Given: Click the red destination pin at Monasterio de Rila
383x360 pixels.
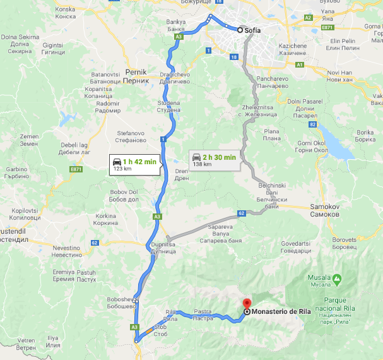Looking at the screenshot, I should pyautogui.click(x=247, y=304).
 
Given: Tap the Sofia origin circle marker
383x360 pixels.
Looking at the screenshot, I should pyautogui.click(x=240, y=29).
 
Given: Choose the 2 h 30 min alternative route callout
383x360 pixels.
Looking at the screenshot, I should pyautogui.click(x=213, y=160).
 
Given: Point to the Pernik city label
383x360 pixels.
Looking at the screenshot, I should pyautogui.click(x=136, y=76).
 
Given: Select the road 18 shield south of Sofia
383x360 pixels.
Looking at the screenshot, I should pyautogui.click(x=234, y=57).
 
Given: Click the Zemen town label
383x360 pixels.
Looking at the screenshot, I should pyautogui.click(x=29, y=140).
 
